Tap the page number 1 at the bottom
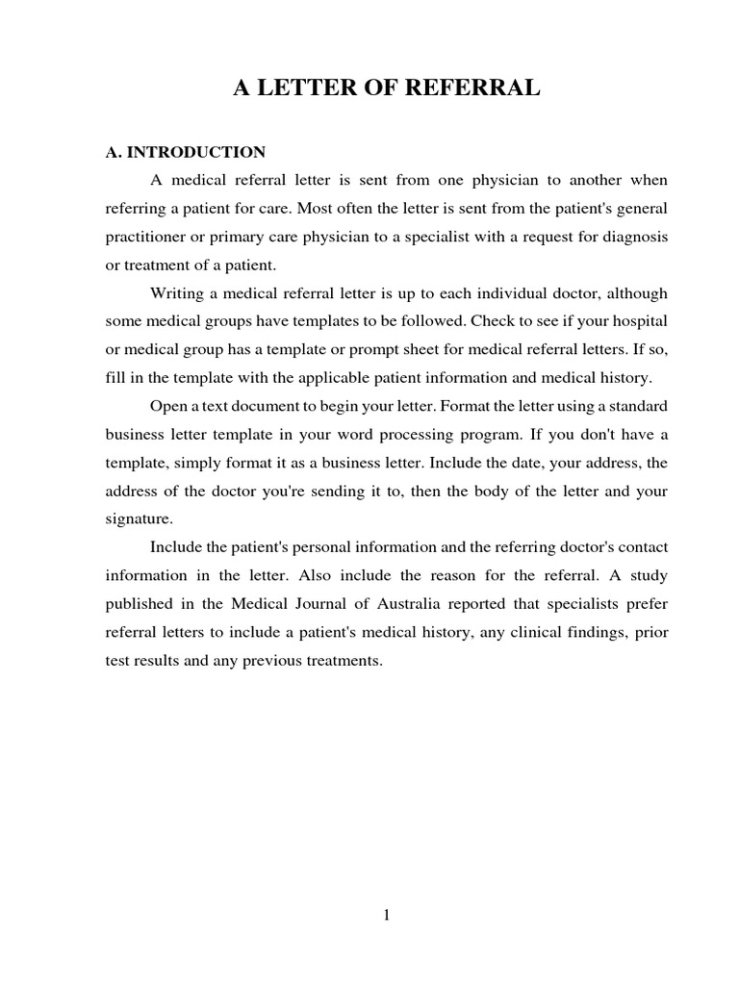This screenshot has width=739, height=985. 386,915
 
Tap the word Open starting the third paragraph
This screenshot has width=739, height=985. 167,406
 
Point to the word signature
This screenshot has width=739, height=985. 139,518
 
